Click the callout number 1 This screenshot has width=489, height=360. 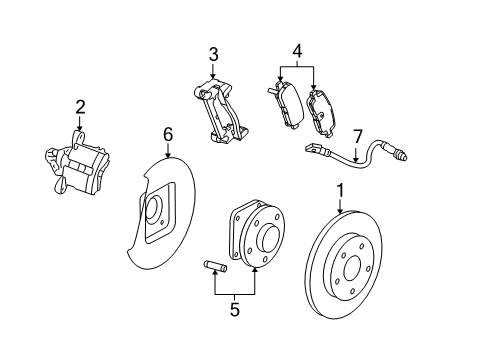click(340, 189)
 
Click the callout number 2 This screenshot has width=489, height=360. click(80, 107)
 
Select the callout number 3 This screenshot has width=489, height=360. click(213, 53)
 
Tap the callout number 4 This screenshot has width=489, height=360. click(297, 49)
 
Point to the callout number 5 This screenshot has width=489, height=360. click(235, 310)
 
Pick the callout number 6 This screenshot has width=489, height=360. click(169, 132)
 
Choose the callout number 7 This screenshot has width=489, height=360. click(357, 134)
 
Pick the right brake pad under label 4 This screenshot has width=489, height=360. click(327, 112)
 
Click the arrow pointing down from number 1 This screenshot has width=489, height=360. click(340, 205)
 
